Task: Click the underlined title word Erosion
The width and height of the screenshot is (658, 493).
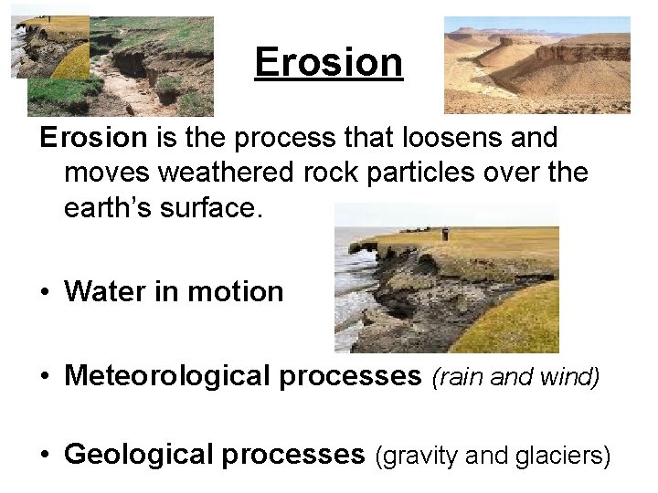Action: coord(328,63)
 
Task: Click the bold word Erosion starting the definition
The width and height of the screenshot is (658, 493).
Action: coord(92,139)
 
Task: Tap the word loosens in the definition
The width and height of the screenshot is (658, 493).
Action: coord(409,139)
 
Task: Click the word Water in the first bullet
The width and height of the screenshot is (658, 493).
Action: coord(101,292)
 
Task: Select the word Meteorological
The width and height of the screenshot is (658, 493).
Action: coord(166,376)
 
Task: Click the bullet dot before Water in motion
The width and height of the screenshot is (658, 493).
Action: coord(44,293)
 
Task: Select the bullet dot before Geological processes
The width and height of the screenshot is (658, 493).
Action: coord(44,455)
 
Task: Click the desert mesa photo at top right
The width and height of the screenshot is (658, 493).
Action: coord(536,65)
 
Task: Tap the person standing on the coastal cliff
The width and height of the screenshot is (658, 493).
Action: coord(445,234)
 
